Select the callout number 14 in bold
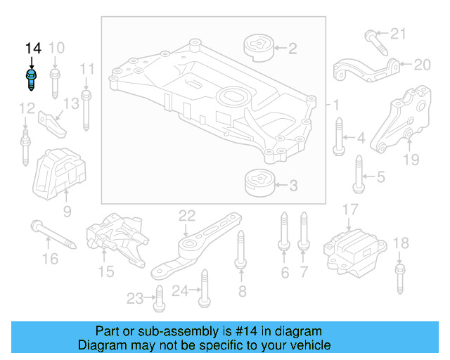[x=33, y=49]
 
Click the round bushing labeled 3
[x=257, y=185]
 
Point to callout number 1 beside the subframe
[x=336, y=105]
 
